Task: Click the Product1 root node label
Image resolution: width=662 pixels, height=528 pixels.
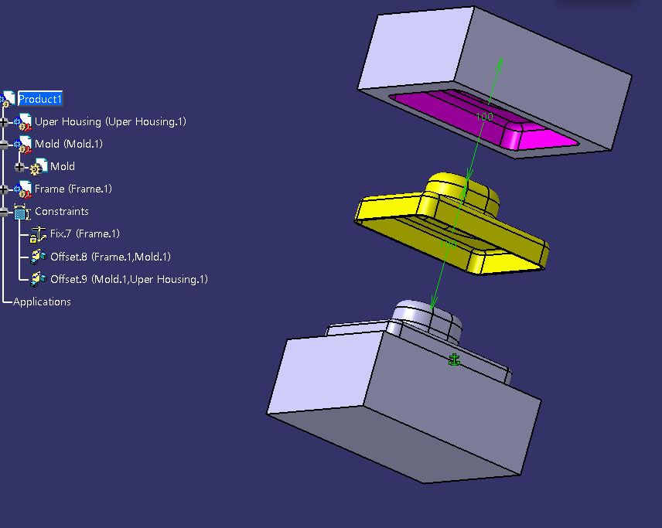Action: pyautogui.click(x=40, y=99)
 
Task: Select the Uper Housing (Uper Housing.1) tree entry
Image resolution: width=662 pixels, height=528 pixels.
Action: pyautogui.click(x=110, y=121)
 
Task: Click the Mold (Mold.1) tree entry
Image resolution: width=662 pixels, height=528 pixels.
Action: pyautogui.click(x=68, y=144)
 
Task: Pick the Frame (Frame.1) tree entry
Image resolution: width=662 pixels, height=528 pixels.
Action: pyautogui.click(x=73, y=189)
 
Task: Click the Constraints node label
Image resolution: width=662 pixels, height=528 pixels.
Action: pyautogui.click(x=62, y=211)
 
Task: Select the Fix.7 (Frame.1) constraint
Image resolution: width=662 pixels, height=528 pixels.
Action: pyautogui.click(x=85, y=233)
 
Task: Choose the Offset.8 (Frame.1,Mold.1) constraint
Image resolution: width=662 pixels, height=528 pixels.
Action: pyautogui.click(x=110, y=257)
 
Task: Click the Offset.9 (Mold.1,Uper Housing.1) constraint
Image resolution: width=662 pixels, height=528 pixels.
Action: pyautogui.click(x=129, y=279)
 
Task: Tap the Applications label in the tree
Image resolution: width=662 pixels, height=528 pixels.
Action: pyautogui.click(x=42, y=301)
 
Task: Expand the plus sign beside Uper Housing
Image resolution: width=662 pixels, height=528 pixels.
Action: pyautogui.click(x=4, y=122)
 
